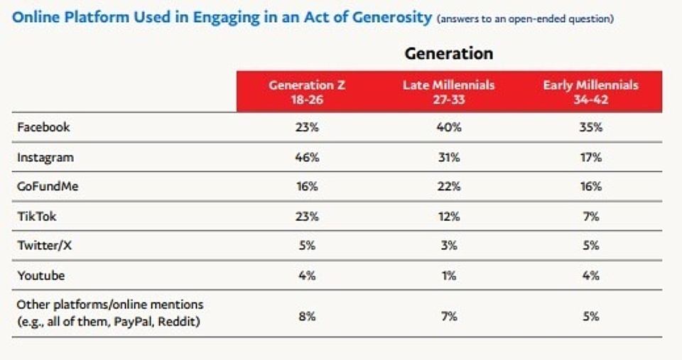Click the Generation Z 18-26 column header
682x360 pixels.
click(307, 91)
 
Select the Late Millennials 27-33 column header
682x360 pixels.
click(448, 91)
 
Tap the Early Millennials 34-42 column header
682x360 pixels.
click(590, 91)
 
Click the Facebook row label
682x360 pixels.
click(43, 128)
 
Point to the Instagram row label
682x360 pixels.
click(45, 158)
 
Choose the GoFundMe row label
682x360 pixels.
click(48, 187)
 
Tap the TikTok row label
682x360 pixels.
click(36, 217)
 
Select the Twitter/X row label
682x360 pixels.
click(44, 246)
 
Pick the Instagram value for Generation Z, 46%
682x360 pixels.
click(307, 158)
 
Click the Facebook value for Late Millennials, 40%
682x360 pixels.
click(448, 128)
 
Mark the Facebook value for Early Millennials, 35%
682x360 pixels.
click(590, 128)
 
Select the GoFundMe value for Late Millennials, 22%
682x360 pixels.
click(448, 187)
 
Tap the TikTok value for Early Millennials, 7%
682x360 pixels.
click(590, 217)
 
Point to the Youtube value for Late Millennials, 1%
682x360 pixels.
click(448, 275)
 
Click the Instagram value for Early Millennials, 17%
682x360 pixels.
click(590, 158)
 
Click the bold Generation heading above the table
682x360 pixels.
click(448, 53)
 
